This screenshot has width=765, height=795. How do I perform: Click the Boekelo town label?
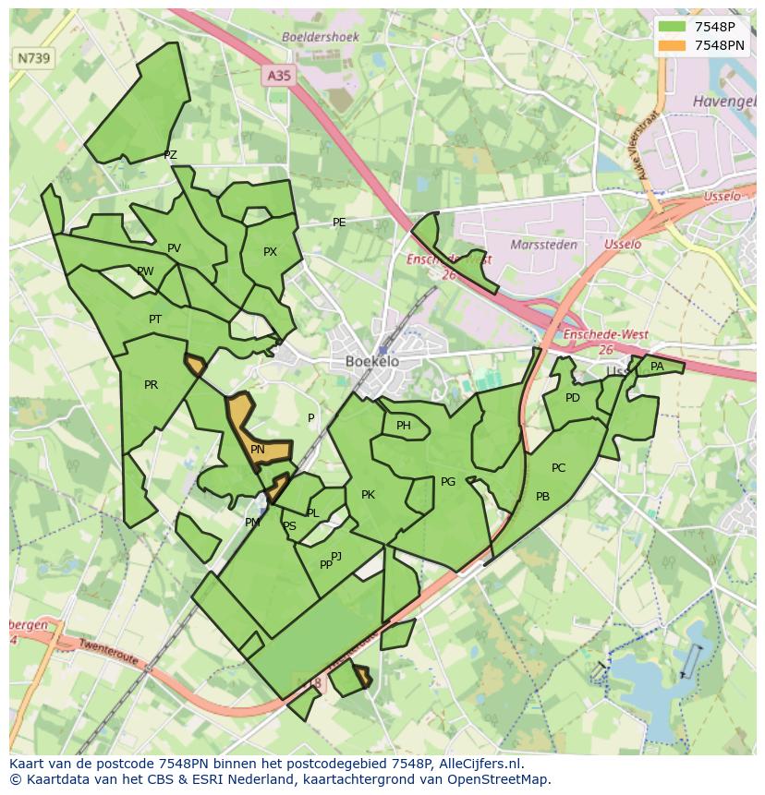point(372,361)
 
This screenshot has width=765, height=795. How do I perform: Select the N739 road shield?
point(35,58)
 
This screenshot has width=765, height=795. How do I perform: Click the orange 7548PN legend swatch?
point(673,45)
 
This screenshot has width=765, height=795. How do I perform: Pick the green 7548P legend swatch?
point(673,27)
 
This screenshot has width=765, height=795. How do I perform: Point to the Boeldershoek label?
point(320,37)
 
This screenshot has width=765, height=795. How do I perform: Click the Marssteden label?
point(544,245)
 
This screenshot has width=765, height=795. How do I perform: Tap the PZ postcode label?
point(170,155)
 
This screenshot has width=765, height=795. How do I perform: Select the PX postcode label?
point(270,252)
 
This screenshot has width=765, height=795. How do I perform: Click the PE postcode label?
point(339,223)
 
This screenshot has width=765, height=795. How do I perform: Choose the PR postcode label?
point(151,385)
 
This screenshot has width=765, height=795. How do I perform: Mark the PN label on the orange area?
point(258,450)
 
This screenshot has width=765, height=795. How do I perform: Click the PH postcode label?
point(404,426)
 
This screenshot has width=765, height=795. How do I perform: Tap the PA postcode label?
point(657,367)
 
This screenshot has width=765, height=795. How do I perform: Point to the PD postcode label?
point(573,398)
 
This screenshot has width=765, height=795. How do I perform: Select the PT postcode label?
point(155,319)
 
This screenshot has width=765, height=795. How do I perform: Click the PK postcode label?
point(368,495)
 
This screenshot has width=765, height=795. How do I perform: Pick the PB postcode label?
point(542,497)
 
